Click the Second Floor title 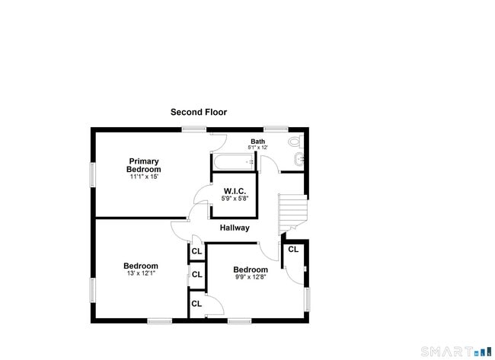199,112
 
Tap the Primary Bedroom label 144,165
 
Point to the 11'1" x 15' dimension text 144,177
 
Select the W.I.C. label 235,191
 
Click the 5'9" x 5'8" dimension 235,199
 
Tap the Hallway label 235,228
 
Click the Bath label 258,142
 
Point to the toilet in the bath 295,141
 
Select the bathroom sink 299,159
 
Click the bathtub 234,162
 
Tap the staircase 292,213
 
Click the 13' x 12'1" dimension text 141,273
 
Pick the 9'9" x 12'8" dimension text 251,277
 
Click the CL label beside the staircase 293,249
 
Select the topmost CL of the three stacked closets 196,251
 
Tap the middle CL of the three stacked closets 197,275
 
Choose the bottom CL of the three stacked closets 196,304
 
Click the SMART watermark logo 456,351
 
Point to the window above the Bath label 276,129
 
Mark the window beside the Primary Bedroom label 93,175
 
